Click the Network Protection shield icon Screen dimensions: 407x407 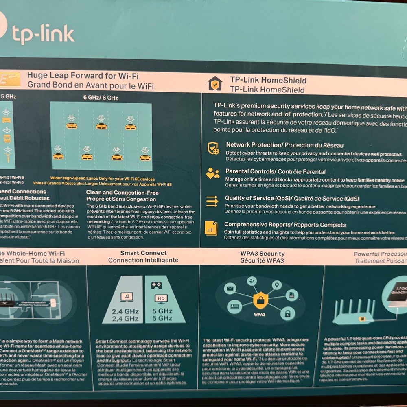pyautogui.click(x=213, y=148)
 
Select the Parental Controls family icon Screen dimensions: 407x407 pyautogui.click(x=212, y=174)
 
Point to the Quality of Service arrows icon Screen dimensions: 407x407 pyautogui.click(x=212, y=201)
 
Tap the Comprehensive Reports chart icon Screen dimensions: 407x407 pyautogui.click(x=211, y=228)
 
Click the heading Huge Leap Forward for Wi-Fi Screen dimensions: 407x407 pyautogui.click(x=83, y=75)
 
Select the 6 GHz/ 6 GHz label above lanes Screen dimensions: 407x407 pyautogui.click(x=101, y=98)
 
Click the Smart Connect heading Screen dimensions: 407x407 pyautogui.click(x=143, y=253)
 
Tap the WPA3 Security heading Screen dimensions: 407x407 pyautogui.click(x=262, y=254)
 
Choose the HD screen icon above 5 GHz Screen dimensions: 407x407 pyautogui.click(x=162, y=298)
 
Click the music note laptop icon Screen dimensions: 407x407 pyautogui.click(x=127, y=296)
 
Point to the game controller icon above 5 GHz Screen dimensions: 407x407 pyautogui.click(x=156, y=285)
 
